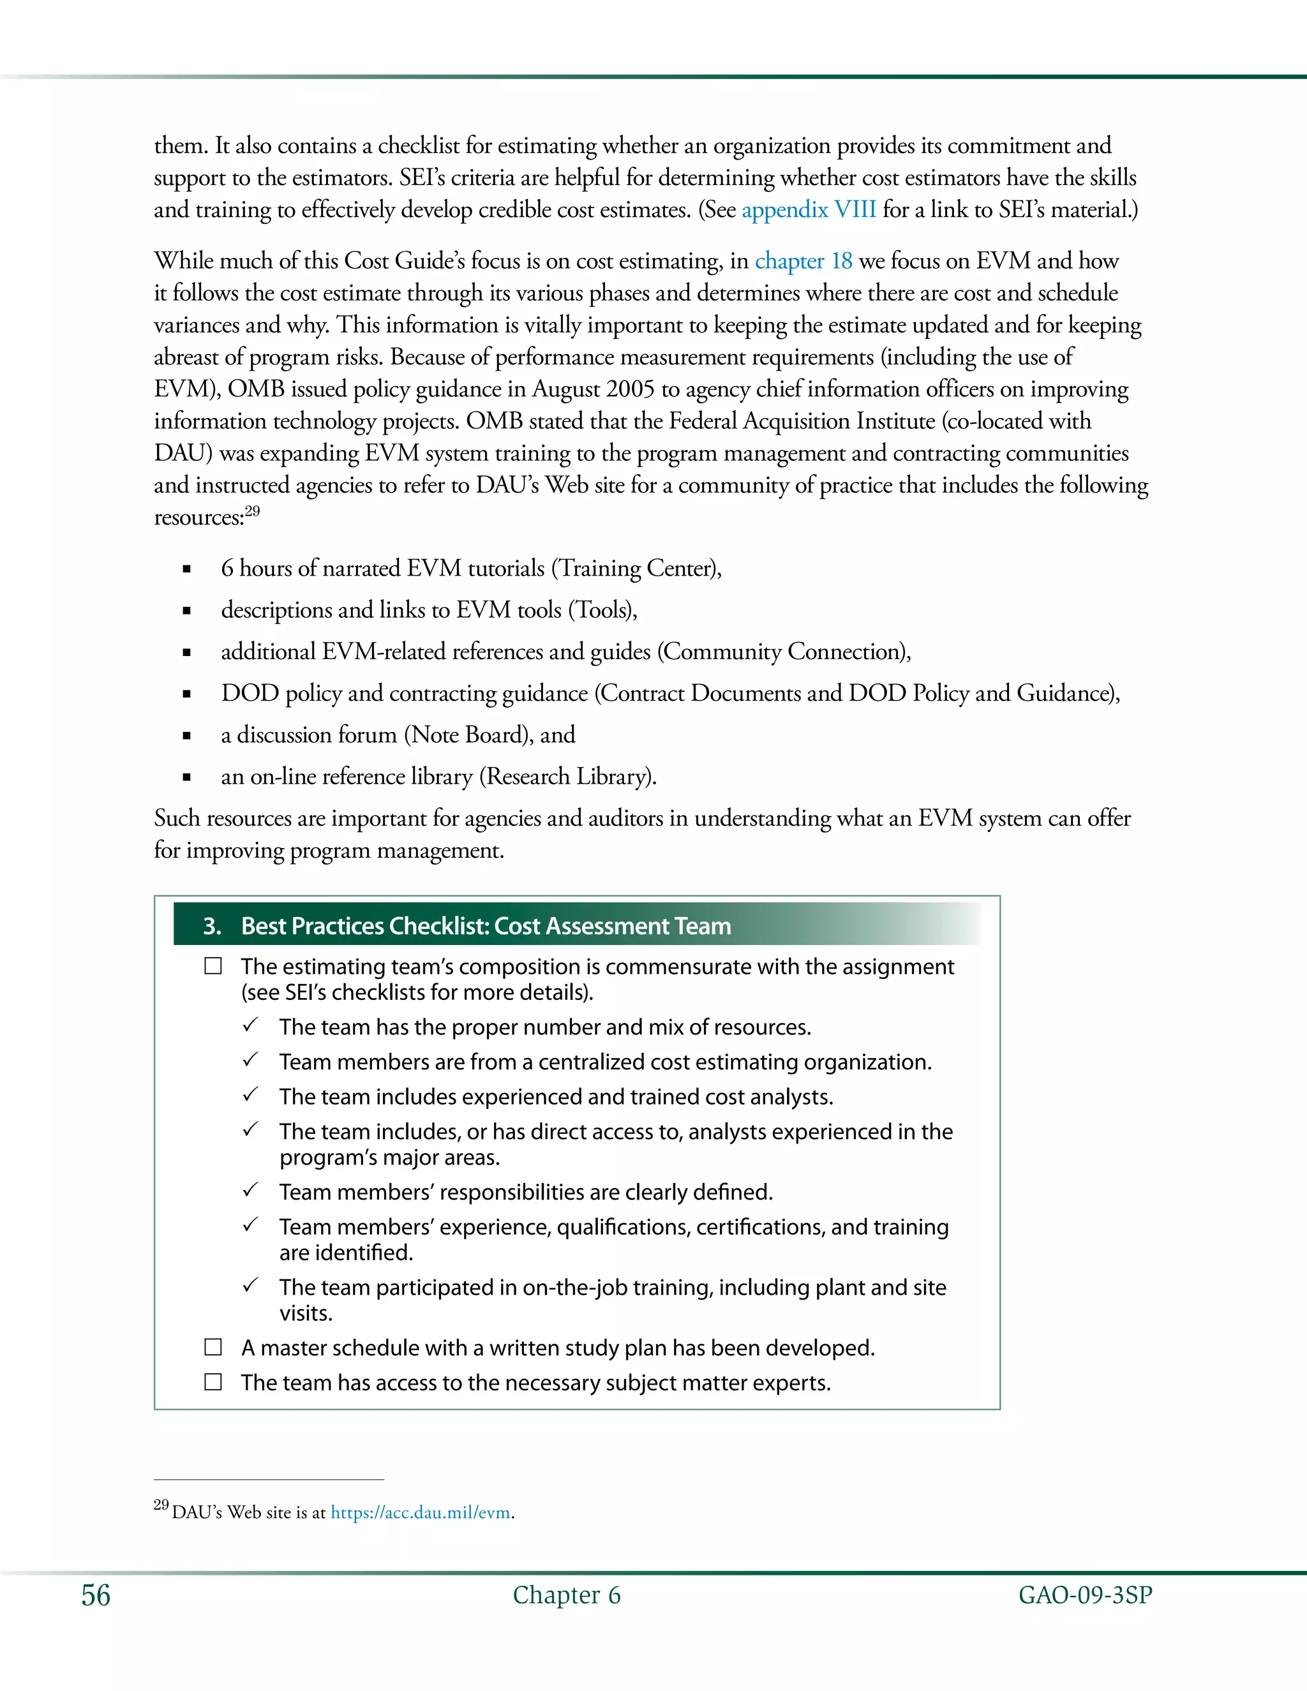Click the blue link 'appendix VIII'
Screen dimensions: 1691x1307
(809, 210)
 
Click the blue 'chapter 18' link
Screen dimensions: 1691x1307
(803, 261)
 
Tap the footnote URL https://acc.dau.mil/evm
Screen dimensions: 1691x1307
(421, 1512)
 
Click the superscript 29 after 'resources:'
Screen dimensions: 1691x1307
(253, 511)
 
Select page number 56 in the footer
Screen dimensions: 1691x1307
(96, 1595)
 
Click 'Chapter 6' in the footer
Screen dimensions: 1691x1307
(566, 1595)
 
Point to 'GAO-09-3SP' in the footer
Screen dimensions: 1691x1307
(1085, 1595)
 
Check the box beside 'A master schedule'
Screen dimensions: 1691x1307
(213, 1347)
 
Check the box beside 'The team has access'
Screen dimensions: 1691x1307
(213, 1382)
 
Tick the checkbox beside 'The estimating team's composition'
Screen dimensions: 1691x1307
(213, 966)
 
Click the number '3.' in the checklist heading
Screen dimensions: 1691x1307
(212, 926)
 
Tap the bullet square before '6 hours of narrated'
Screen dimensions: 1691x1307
(186, 569)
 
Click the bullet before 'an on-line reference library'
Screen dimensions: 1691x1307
(186, 777)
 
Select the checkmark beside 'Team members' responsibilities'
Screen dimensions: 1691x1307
(250, 1190)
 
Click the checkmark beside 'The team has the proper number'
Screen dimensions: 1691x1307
(250, 1025)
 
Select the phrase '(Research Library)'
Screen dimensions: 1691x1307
(567, 777)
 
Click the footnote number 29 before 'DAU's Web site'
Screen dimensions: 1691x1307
(161, 1505)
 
